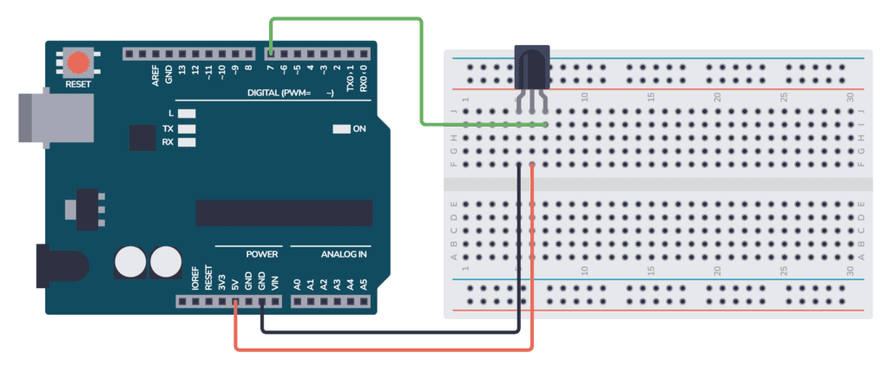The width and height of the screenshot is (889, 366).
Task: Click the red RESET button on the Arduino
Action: pyautogui.click(x=78, y=62)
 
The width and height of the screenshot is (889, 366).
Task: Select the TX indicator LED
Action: pyautogui.click(x=187, y=128)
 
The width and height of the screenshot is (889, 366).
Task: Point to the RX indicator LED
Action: pyautogui.click(x=187, y=141)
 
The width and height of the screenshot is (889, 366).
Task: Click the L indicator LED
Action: pyautogui.click(x=187, y=114)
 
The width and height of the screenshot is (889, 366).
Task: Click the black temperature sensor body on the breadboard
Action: pyautogui.click(x=531, y=68)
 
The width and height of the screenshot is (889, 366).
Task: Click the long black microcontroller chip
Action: pyautogui.click(x=283, y=212)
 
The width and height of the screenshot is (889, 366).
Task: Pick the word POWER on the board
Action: pyautogui.click(x=261, y=255)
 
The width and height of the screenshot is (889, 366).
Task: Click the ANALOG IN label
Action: pyautogui.click(x=345, y=255)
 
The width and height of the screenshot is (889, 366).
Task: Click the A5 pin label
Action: pyautogui.click(x=364, y=283)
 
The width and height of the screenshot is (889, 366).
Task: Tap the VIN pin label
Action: pyautogui.click(x=275, y=282)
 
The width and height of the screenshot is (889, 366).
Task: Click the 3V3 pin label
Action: pyautogui.click(x=222, y=282)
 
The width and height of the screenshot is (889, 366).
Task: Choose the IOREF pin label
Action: pyautogui.click(x=195, y=278)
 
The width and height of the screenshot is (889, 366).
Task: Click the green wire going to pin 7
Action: pyautogui.click(x=422, y=69)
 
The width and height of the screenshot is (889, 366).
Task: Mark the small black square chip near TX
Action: pyautogui.click(x=142, y=136)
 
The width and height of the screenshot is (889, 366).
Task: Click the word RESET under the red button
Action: pyautogui.click(x=78, y=85)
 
